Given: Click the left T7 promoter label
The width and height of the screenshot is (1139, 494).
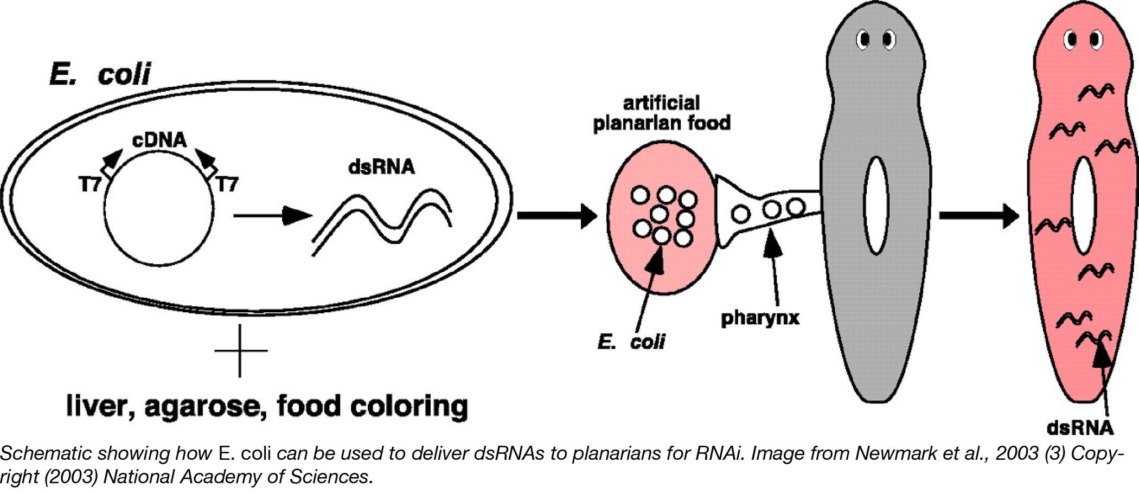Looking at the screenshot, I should click(x=90, y=185).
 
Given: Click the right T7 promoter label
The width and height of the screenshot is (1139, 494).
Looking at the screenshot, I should click(x=227, y=185).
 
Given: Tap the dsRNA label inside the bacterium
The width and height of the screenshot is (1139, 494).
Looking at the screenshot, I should click(x=381, y=166).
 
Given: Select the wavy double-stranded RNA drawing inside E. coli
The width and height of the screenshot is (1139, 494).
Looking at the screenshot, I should click(x=383, y=220).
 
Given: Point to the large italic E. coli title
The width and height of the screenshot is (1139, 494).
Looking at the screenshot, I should click(x=100, y=74).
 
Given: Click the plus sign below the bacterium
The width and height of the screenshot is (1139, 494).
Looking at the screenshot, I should click(x=240, y=351).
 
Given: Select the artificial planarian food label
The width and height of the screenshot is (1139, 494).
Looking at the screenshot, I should click(x=661, y=113).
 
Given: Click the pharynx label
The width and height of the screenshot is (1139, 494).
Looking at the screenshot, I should click(x=760, y=318).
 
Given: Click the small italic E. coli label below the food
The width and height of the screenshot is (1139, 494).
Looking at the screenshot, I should click(x=631, y=342).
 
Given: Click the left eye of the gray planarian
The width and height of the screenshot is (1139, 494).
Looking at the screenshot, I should click(x=863, y=40).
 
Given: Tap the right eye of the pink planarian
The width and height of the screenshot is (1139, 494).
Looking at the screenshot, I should click(x=1096, y=40).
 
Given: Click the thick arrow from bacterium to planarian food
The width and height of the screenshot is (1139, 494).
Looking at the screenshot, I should click(x=556, y=216).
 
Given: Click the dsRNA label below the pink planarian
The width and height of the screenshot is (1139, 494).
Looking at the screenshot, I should click(x=1079, y=428).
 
